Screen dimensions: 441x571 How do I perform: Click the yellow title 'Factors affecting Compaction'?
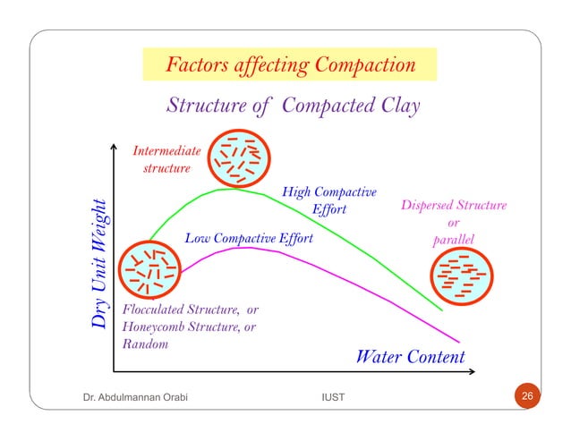289,65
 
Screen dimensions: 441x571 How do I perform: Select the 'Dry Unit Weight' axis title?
106,262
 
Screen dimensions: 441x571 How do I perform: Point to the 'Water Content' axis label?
410,357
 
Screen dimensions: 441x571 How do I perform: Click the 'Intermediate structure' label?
166,159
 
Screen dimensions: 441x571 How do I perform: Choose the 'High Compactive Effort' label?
328,201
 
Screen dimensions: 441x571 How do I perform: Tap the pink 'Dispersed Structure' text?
453,206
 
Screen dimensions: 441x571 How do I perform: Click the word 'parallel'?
453,241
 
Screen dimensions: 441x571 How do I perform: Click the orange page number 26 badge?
527,396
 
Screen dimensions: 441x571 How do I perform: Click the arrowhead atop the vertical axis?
115,145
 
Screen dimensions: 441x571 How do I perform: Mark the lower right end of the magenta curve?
459,340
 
